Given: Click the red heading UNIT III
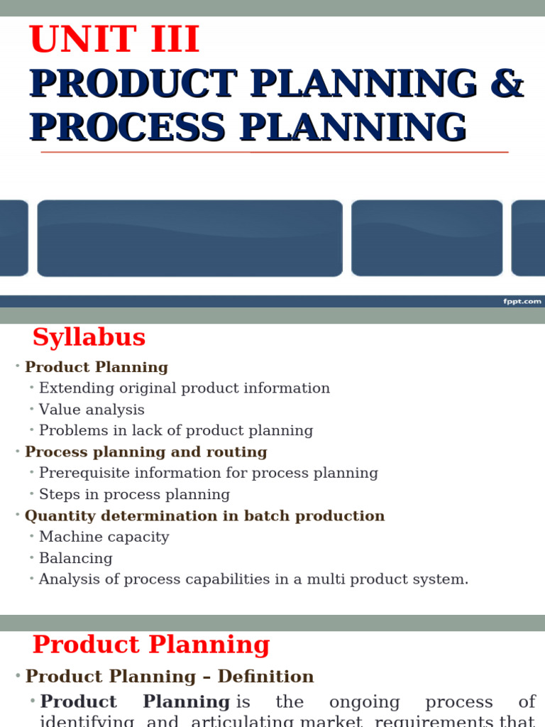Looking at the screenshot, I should (x=114, y=40).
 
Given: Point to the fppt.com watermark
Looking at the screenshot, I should (x=522, y=301).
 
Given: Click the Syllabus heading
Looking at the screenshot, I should (x=89, y=337).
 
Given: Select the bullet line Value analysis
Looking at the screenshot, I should (x=92, y=410).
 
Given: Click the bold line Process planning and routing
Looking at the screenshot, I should (x=145, y=452).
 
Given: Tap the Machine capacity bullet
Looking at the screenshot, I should (x=104, y=537).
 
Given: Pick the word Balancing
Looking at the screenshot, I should (x=75, y=558).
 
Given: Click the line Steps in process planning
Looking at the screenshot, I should (x=134, y=494).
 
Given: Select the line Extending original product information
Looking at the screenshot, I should (x=184, y=388).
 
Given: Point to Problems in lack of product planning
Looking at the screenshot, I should (x=175, y=430).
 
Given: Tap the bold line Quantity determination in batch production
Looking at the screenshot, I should (x=204, y=515).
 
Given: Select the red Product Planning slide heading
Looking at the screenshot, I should (x=151, y=645).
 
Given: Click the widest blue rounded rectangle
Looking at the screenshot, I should (x=189, y=238).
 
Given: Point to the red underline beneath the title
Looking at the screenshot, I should (x=274, y=152).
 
